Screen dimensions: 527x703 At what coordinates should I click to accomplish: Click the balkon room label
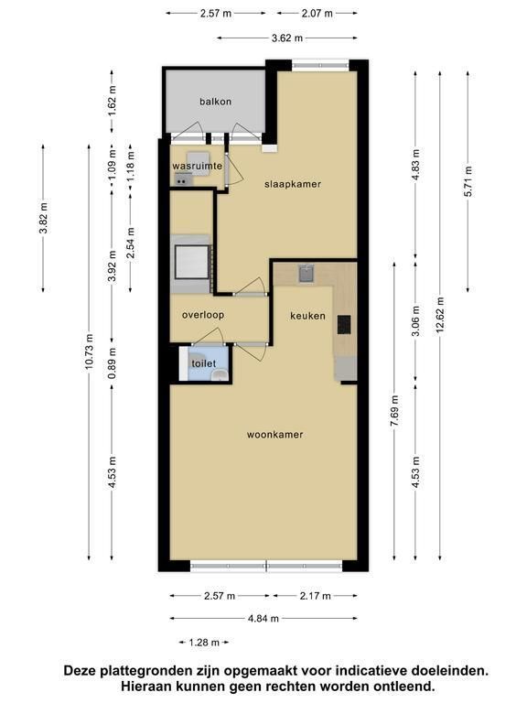[216, 102]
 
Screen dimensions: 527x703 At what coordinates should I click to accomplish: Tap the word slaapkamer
[293, 184]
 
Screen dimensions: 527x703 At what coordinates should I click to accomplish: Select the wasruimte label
[198, 167]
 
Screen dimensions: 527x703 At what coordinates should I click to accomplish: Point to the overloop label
[203, 315]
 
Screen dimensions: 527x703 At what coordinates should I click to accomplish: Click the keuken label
[307, 316]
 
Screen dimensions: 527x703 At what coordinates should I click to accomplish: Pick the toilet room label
[204, 363]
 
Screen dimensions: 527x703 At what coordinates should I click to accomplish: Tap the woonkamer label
[275, 435]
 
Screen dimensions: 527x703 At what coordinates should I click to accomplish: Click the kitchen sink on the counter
[307, 274]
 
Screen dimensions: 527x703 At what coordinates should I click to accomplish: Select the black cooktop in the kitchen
[344, 325]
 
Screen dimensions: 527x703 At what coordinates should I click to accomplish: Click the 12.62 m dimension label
[439, 314]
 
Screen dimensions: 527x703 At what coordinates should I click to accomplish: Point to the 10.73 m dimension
[89, 351]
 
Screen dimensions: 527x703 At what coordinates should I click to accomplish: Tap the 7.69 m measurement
[394, 412]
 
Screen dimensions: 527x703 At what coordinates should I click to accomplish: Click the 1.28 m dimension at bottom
[204, 643]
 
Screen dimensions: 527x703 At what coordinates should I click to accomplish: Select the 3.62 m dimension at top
[287, 38]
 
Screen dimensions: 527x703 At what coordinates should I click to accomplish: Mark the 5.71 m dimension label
[468, 181]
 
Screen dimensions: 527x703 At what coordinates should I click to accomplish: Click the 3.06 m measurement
[416, 321]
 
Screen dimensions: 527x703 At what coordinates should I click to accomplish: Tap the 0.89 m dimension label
[112, 363]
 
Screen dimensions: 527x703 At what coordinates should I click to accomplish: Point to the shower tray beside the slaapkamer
[192, 262]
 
